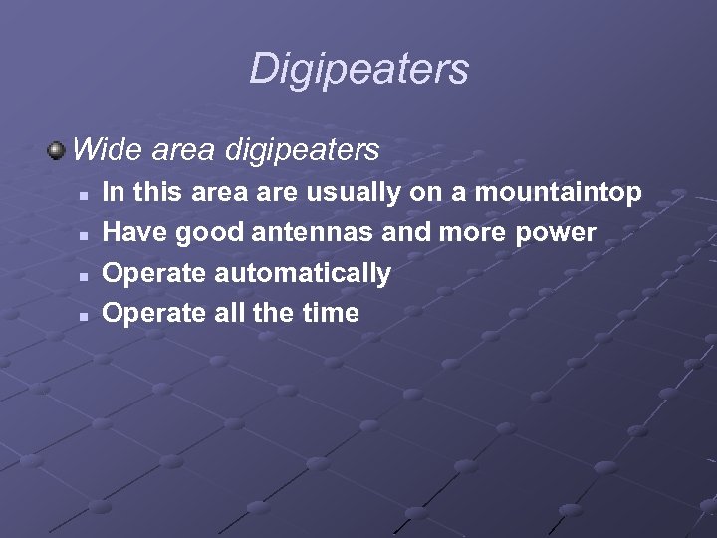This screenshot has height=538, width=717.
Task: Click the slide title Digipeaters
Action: click(358, 69)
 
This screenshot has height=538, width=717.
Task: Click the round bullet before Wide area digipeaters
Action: click(56, 150)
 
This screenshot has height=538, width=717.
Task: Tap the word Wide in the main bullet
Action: click(104, 150)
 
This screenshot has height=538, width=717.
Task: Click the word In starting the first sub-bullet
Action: click(114, 192)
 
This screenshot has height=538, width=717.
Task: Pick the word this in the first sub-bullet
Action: click(156, 192)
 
